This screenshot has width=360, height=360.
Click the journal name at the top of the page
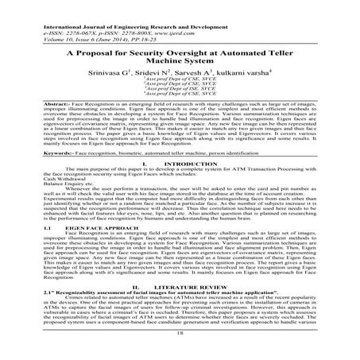point(103,6)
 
